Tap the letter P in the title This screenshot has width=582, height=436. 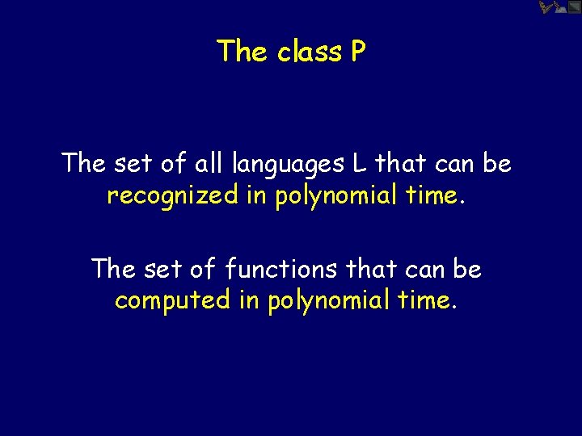click(358, 52)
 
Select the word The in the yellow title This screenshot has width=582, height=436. click(242, 52)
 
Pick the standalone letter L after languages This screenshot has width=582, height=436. click(359, 163)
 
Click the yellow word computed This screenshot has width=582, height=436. click(172, 301)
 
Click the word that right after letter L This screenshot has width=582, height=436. click(402, 163)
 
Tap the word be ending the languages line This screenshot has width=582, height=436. click(497, 163)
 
